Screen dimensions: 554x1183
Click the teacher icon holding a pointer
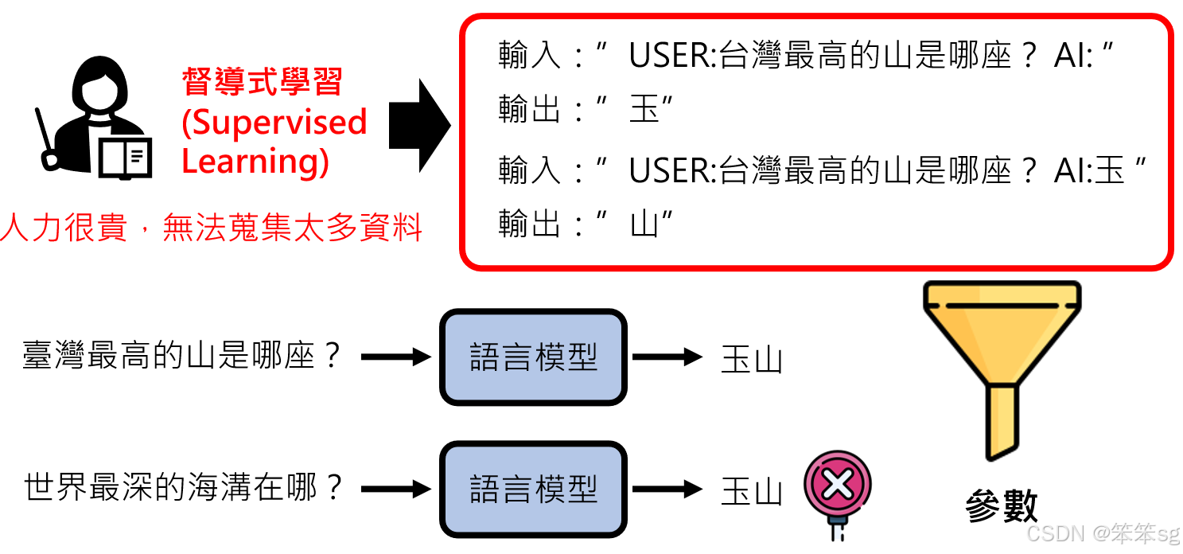95,119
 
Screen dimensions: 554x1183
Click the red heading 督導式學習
262,82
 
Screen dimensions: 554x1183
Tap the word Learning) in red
255,161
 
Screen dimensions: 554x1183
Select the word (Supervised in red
274,122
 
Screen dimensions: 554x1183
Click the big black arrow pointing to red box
419,126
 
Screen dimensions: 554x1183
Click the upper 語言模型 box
533,357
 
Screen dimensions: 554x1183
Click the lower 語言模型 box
533,489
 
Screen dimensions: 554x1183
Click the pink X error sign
837,485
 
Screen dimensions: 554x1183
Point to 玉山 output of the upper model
752,359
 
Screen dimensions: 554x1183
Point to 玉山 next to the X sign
752,490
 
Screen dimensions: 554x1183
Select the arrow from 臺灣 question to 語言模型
395,357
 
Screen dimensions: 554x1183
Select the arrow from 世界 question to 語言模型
395,489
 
